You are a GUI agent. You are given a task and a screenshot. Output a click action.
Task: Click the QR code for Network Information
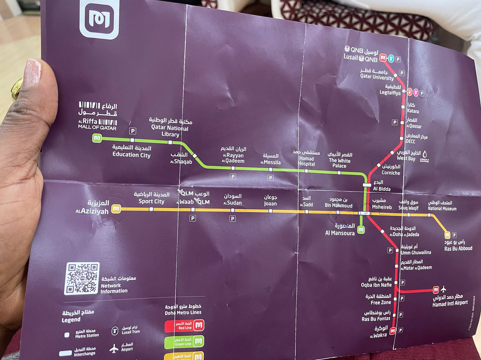[82, 278]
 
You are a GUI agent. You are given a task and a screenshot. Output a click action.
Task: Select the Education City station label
[131, 151]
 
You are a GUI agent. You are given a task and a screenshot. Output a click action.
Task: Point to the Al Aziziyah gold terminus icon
[115, 209]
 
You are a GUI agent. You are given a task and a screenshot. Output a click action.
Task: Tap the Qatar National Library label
[170, 127]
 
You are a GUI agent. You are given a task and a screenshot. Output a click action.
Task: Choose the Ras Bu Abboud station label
[458, 245]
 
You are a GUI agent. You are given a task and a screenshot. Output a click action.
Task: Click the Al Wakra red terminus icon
[392, 331]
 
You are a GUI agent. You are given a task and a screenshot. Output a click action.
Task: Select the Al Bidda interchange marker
[367, 184]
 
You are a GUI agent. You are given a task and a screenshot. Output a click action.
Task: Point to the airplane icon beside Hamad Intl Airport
[443, 289]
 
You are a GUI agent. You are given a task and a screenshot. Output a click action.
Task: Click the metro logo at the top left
[99, 18]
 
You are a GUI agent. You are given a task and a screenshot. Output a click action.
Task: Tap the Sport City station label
[151, 198]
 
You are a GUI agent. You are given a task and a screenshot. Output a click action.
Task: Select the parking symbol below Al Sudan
[232, 218]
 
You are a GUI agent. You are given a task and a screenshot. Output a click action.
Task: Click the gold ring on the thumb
[17, 88]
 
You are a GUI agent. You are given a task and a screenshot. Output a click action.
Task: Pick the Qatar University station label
[377, 74]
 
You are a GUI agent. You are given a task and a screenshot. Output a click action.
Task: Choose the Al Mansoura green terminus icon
[361, 230]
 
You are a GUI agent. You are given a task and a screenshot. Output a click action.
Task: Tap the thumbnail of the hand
[33, 73]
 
